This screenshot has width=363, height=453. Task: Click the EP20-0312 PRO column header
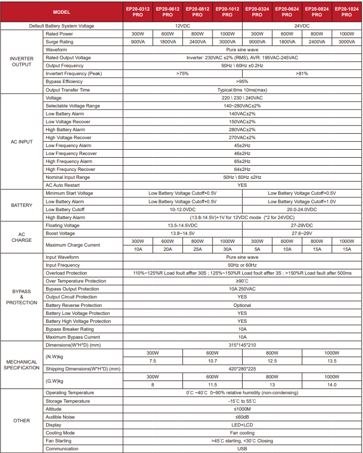(138, 12)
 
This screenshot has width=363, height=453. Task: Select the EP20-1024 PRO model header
(347, 12)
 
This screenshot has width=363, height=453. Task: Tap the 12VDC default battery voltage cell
(182, 25)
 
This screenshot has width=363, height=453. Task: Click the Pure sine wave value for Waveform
(242, 49)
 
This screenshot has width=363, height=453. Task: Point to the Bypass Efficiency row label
(64, 81)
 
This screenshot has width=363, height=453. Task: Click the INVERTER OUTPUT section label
(22, 61)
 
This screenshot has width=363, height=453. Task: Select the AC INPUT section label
(22, 141)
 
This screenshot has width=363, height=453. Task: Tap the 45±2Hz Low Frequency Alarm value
(242, 146)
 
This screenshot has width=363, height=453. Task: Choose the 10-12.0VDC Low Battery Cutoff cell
(182, 210)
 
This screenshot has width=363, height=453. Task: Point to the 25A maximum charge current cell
(197, 249)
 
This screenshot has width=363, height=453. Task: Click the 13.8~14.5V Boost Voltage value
(182, 233)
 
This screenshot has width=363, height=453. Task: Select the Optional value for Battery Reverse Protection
(242, 305)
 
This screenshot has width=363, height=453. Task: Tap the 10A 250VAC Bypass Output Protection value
(242, 289)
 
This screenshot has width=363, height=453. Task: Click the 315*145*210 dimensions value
(242, 345)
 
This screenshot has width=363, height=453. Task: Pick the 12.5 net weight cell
(272, 361)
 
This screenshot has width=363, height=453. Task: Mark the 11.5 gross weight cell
(212, 385)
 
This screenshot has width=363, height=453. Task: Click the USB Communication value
(242, 449)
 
